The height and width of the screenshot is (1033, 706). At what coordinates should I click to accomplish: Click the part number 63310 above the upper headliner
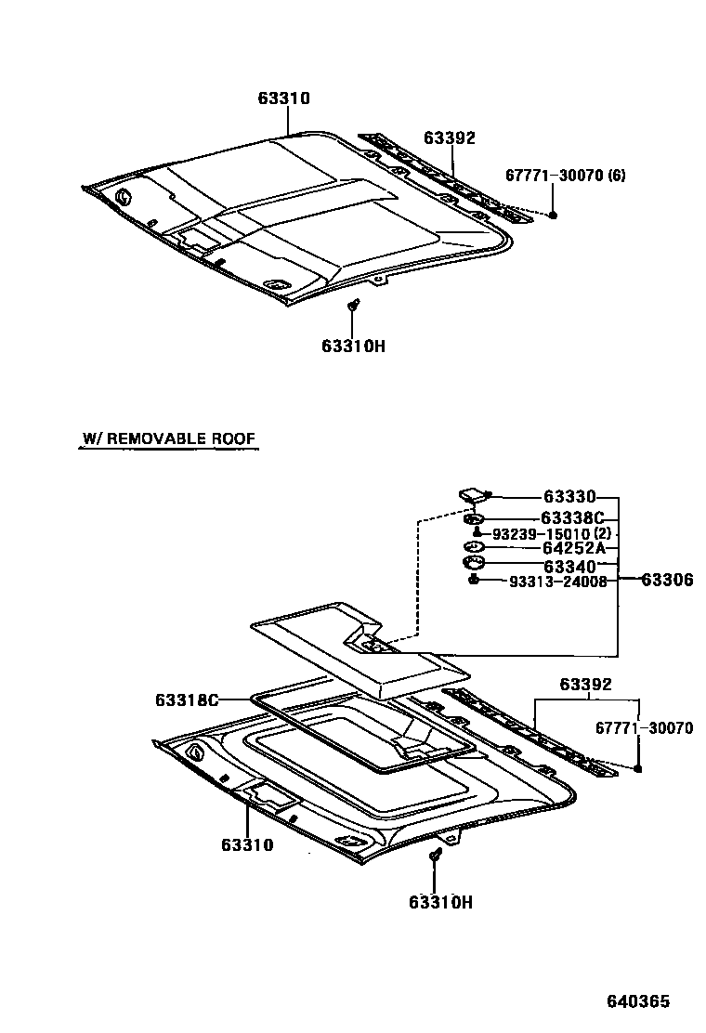pos(284,98)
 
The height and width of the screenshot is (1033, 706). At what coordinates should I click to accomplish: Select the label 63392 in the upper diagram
pos(450,137)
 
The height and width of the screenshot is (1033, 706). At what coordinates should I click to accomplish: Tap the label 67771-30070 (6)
pos(566,175)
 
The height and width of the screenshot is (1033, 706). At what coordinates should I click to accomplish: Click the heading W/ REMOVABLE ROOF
pos(168,438)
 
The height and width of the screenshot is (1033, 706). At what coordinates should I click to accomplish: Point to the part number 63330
pos(569,497)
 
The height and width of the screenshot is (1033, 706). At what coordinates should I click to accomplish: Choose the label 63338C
pos(572,517)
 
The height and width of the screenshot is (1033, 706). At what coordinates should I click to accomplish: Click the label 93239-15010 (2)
pos(553,534)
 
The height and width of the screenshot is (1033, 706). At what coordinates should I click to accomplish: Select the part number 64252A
pos(573,549)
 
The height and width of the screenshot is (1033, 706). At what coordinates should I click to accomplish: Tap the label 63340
pos(569,566)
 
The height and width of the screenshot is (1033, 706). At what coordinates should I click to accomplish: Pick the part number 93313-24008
pos(557,582)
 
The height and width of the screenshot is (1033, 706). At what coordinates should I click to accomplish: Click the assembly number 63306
pos(667,580)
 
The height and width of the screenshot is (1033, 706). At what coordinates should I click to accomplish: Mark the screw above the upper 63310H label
pos(353,306)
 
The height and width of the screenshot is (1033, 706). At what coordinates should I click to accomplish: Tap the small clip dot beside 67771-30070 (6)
pos(554,215)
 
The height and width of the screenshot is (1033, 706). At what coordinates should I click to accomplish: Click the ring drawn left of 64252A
pos(472,548)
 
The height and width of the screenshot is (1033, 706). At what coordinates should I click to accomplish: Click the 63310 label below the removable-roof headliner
pos(247,844)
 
